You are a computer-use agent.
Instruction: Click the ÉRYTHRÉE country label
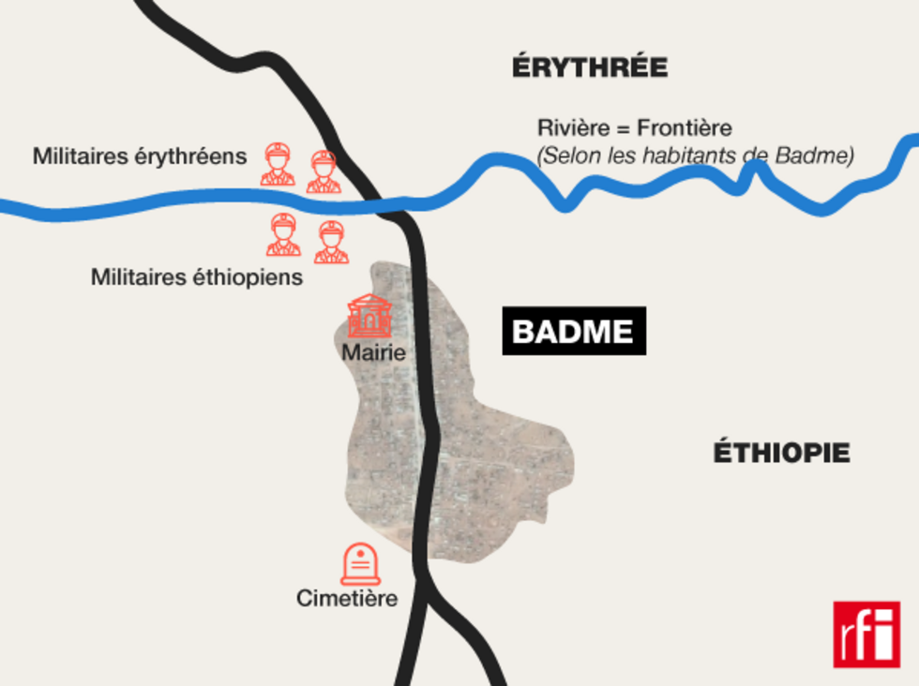[x=590, y=68]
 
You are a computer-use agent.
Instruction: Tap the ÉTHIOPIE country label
[x=781, y=454]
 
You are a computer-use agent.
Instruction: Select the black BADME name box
[x=574, y=331]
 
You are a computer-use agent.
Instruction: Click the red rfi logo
[x=866, y=634]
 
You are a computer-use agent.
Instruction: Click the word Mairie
[x=373, y=353]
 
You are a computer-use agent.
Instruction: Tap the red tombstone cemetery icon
[x=360, y=565]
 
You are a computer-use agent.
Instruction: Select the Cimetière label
[x=347, y=598]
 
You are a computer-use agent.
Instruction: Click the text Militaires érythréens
[x=140, y=157]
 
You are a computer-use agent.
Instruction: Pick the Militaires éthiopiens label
[x=197, y=277]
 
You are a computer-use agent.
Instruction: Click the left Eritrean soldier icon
[x=278, y=165]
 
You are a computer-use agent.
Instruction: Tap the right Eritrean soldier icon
[x=323, y=171]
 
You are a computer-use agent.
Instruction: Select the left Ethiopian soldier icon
[x=283, y=234]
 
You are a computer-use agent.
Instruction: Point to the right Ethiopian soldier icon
[x=331, y=242]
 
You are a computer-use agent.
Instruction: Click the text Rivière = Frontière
[x=634, y=128]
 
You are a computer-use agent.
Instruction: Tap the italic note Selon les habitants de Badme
[x=696, y=156]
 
